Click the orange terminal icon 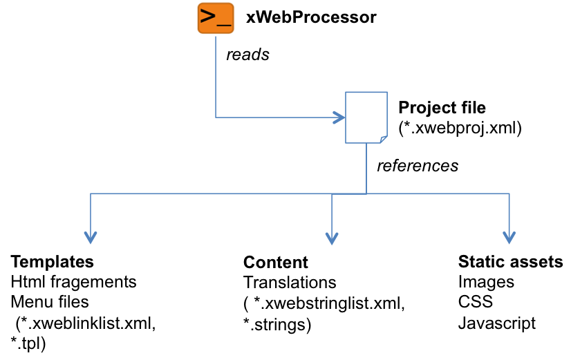point(214,18)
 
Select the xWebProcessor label point(311,17)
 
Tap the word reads point(247,55)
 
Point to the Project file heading point(442,108)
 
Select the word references point(417,166)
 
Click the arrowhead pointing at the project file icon point(339,117)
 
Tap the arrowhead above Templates point(90,238)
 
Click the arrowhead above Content point(332,238)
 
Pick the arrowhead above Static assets point(509,238)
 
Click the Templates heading point(53,263)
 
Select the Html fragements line point(74,282)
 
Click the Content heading point(275,263)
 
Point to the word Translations point(290,282)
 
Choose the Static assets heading point(510,263)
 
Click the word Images point(486,282)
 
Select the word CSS point(474,302)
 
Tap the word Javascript point(496,323)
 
